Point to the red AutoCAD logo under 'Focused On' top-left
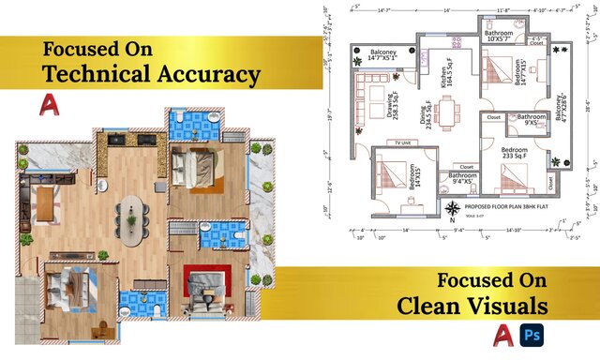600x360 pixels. coord(51,106)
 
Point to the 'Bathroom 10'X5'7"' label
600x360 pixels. coord(499,35)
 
